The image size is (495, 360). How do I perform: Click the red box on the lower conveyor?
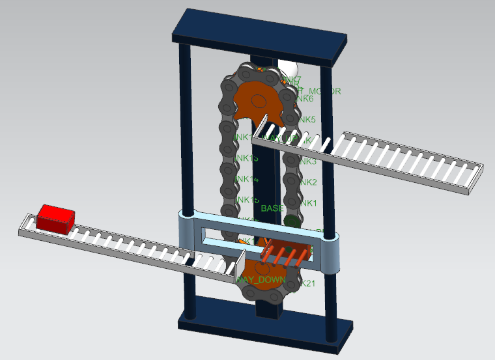(55, 217)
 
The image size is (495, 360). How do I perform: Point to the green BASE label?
(272, 208)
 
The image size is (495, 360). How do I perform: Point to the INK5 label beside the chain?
(306, 120)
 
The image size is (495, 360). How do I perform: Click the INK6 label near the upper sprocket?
(304, 99)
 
